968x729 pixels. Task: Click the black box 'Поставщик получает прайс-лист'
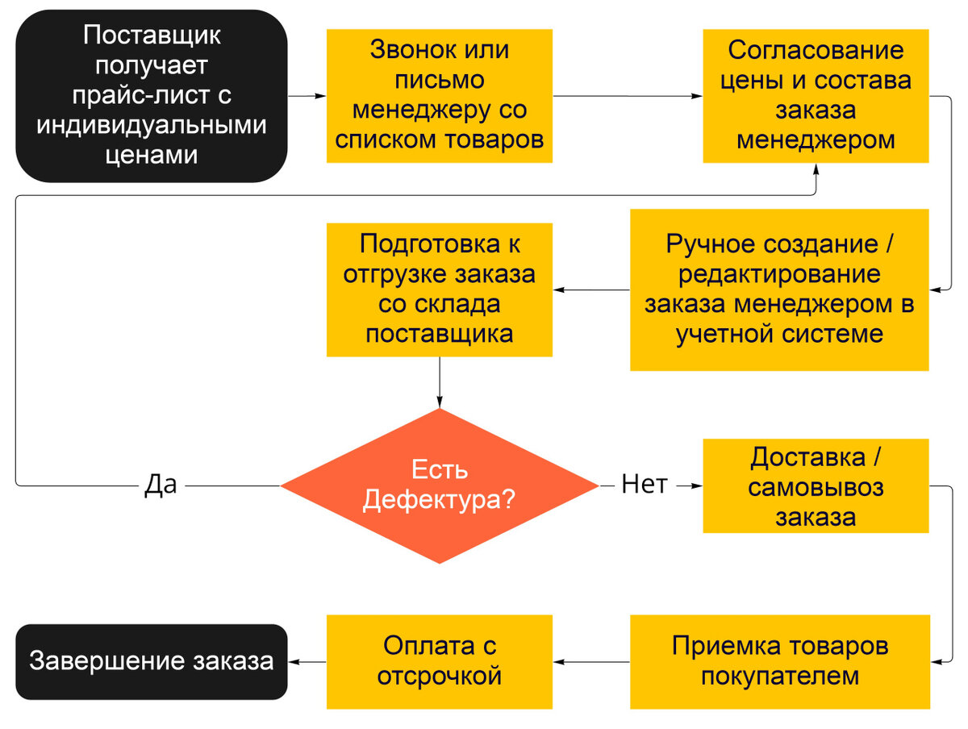[152, 95]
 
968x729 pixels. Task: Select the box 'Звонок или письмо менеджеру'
[440, 95]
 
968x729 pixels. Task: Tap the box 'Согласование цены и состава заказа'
[816, 95]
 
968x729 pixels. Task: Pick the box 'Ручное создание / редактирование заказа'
[779, 290]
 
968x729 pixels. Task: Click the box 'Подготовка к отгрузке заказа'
[440, 290]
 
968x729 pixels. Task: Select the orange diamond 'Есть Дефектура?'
[440, 485]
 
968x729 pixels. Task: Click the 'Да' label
[161, 485]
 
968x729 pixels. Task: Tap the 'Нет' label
[645, 485]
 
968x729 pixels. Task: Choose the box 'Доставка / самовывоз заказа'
[816, 485]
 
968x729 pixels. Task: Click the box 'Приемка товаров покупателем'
[779, 661]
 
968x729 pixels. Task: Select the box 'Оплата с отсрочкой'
[440, 661]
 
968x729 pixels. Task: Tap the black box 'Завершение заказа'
[152, 661]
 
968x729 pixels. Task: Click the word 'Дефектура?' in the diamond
[440, 501]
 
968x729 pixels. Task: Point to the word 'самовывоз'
[816, 487]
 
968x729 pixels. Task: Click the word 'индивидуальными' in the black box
[152, 126]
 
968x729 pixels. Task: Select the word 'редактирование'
[779, 274]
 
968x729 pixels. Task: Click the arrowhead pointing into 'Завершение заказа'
[294, 661]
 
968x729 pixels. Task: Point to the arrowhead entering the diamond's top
[440, 402]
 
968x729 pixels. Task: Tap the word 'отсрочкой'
[440, 676]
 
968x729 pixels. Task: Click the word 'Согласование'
[816, 50]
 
